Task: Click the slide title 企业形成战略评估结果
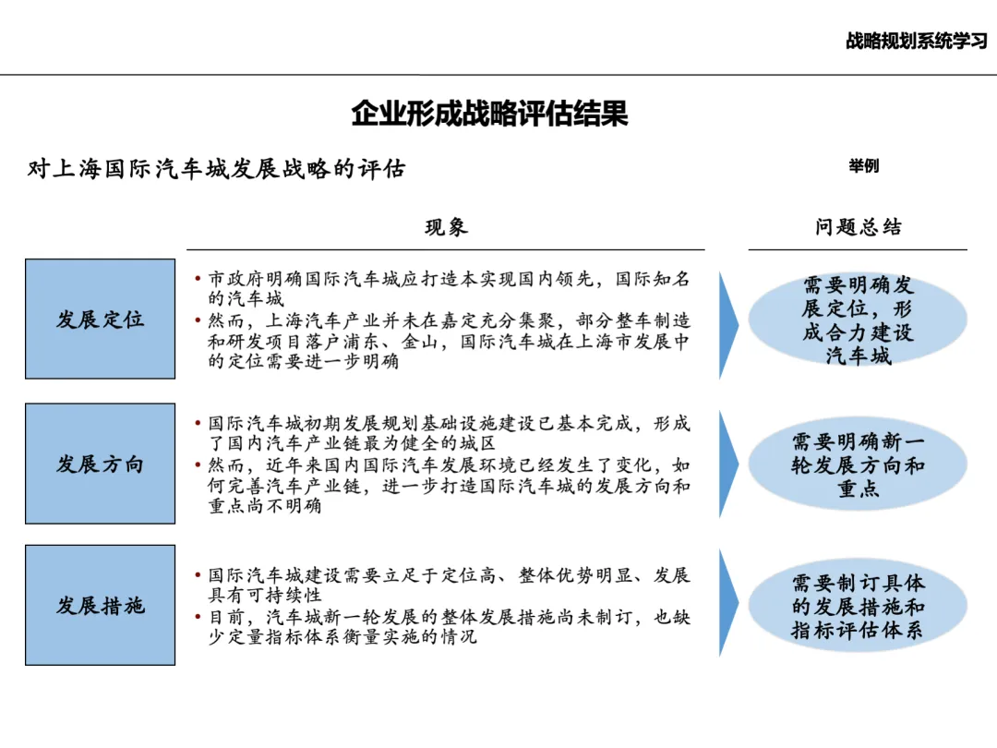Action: coord(490,115)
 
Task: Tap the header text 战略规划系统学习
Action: coord(916,42)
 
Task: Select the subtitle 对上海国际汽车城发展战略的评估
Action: coord(218,170)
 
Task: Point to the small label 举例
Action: coord(863,166)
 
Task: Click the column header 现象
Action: coord(446,228)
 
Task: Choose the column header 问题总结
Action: coord(858,228)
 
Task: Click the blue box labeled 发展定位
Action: coord(100,320)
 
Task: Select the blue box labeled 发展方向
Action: coord(100,464)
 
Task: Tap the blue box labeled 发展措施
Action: coord(100,606)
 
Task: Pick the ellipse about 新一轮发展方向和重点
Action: coord(858,464)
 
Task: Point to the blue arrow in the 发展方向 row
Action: coord(728,464)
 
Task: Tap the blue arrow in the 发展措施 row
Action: coord(728,604)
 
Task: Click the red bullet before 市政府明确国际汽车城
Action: coord(198,279)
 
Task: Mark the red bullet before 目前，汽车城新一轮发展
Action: coord(198,617)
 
